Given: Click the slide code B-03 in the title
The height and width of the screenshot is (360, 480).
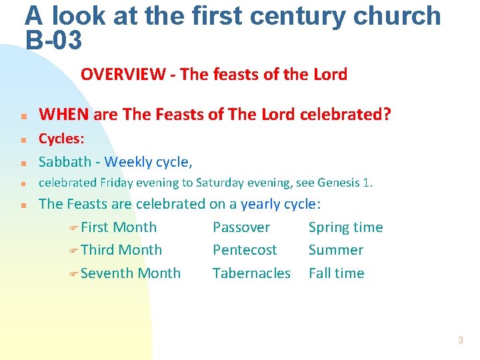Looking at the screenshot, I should coord(54,41).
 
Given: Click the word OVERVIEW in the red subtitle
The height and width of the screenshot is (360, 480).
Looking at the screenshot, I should coord(123,75).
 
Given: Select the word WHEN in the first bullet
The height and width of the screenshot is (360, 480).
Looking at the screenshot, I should coord(65,115).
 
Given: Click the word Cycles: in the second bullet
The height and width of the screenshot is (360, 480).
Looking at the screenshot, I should coord(62,139).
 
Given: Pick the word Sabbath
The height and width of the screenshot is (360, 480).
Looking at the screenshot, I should coord(65,161).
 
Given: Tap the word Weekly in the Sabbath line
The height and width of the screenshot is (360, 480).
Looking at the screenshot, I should coord(128,161).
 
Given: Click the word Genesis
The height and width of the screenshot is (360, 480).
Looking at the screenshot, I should coord(340,183).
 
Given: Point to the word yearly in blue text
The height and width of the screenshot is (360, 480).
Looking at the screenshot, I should coord(261,204).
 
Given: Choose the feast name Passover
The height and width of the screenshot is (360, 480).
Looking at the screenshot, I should coord(241,227).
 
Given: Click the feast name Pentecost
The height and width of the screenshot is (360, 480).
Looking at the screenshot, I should coord(245,250).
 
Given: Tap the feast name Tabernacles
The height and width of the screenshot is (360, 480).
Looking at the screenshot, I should coord(251,273).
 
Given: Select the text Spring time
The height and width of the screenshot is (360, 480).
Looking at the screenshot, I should coord(345,227).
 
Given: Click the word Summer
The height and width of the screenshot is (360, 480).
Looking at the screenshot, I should coord(335,250).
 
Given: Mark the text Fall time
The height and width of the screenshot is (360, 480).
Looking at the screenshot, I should coord(336,273).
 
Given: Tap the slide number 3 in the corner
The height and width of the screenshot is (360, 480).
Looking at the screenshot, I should coord(460,341).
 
